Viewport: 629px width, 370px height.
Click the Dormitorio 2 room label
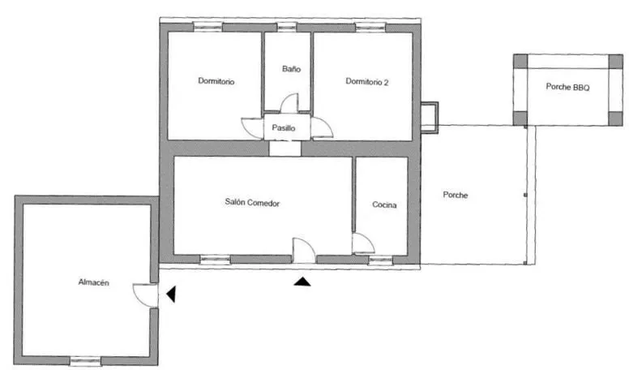point(366,82)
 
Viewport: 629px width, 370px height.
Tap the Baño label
point(291,69)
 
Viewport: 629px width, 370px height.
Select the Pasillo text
point(284,128)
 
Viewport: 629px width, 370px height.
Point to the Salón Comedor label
point(252,203)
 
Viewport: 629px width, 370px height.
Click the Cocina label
point(384,205)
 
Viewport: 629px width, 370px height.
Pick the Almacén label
point(93,282)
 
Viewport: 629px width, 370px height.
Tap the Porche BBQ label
point(567,87)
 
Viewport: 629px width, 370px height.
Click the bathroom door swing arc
point(289,103)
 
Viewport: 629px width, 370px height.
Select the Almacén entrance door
point(146,295)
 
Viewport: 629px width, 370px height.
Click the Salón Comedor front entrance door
point(304,250)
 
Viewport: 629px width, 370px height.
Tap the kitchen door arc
point(363,243)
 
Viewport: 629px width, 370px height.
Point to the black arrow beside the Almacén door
point(171,294)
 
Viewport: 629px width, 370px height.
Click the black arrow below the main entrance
point(302,282)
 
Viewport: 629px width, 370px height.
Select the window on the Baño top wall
point(287,27)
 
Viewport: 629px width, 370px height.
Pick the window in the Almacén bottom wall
point(85,361)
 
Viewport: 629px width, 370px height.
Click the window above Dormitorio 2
point(370,28)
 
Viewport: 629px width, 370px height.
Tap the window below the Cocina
point(380,260)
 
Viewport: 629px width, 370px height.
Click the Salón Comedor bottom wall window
point(215,260)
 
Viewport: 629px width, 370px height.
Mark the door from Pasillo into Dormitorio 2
point(322,128)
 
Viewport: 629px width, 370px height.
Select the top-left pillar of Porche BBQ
point(520,62)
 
